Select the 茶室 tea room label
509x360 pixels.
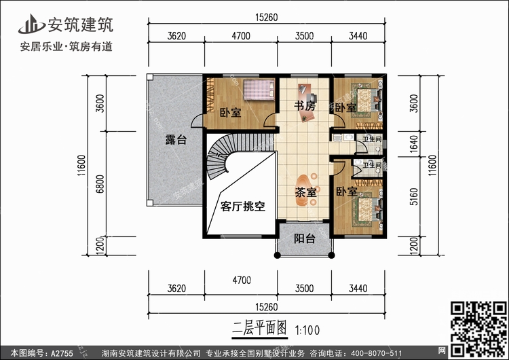pos(306,192)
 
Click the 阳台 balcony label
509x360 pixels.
pos(304,238)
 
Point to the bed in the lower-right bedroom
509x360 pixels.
pos(366,207)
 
